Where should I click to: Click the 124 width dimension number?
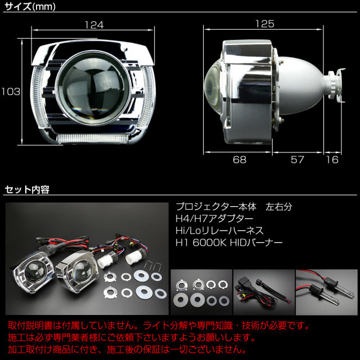click(94, 25)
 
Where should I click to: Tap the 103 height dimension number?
click(11, 92)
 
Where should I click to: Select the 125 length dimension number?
click(265, 24)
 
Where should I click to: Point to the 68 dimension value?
click(240, 160)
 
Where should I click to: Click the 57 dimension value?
click(298, 160)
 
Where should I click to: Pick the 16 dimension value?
click(332, 160)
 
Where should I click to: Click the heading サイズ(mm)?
click(30, 6)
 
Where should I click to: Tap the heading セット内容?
click(27, 190)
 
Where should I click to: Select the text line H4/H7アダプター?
click(214, 219)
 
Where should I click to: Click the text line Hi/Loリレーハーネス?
click(219, 231)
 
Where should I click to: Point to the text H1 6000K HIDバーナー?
click(229, 242)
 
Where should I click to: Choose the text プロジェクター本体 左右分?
click(234, 207)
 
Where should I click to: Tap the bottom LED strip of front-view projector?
click(92, 138)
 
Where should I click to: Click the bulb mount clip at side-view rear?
click(336, 85)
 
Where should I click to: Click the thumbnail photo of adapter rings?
click(201, 292)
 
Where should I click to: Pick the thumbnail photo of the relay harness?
click(264, 292)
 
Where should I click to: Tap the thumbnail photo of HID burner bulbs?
click(326, 292)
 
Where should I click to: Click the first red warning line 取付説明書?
click(159, 325)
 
